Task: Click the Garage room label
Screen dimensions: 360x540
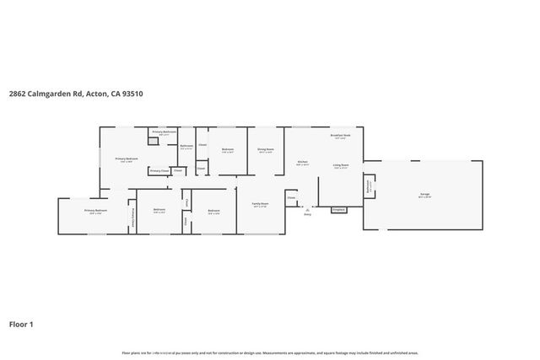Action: [424, 195]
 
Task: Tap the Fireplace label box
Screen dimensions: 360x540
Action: [338, 209]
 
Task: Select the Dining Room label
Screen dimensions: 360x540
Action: [266, 151]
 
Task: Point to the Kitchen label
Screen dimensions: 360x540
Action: [302, 163]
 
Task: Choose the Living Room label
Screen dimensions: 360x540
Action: [341, 165]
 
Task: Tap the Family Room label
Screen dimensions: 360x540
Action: [260, 203]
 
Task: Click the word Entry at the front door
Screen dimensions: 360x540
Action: [308, 214]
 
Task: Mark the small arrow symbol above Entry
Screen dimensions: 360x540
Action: [308, 208]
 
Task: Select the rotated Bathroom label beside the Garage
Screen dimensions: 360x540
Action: [369, 185]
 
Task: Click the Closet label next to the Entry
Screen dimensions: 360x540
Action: [291, 199]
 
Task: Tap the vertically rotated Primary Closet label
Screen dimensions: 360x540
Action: [132, 218]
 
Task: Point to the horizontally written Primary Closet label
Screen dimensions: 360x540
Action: [158, 171]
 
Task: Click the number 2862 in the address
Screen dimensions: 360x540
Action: [19, 94]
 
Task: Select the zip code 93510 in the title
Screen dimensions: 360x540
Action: [132, 94]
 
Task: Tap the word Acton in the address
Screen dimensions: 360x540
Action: [96, 94]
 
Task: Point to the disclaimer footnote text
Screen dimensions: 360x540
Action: [270, 352]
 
